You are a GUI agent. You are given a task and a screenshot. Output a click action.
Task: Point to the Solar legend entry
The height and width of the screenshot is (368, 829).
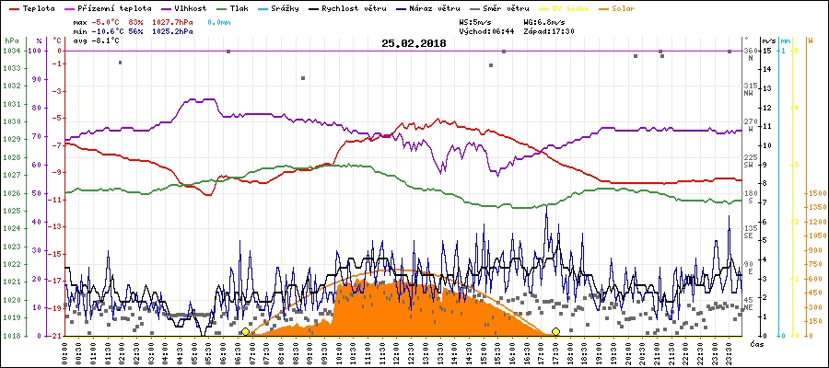(636, 8)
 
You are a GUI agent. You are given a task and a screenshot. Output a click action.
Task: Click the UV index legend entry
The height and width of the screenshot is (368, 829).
(578, 8)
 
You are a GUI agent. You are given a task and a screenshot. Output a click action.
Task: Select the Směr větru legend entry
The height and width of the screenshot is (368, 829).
(506, 8)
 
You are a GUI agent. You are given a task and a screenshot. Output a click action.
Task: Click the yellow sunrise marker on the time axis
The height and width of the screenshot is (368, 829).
(245, 331)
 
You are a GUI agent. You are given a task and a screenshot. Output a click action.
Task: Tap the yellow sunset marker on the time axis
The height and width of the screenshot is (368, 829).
(555, 331)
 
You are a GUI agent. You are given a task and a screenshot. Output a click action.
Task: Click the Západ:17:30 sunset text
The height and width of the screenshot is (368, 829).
(549, 29)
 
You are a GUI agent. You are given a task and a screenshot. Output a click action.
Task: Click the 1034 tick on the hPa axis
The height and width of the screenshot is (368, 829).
(10, 52)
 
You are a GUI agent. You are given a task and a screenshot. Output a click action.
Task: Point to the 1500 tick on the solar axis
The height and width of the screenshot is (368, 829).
(816, 194)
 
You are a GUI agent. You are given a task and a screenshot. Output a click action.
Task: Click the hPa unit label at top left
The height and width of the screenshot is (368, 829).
(10, 41)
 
